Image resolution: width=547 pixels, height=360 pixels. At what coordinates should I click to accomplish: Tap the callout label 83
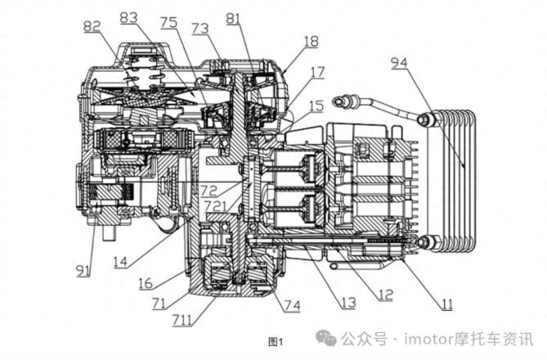pyautogui.click(x=128, y=17)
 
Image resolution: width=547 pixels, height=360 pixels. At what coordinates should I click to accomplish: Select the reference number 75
pyautogui.click(x=168, y=22)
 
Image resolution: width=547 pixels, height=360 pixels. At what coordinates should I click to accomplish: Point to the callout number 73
pyautogui.click(x=200, y=29)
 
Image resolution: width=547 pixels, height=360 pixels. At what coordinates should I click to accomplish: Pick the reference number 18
pyautogui.click(x=312, y=40)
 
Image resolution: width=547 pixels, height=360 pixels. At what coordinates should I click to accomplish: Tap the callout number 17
pyautogui.click(x=317, y=72)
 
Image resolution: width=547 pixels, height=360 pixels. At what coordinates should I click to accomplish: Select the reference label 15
pyautogui.click(x=316, y=106)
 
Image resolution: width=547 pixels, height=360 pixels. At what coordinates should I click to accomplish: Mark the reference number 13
pyautogui.click(x=348, y=303)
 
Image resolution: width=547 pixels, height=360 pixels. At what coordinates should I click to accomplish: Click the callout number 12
pyautogui.click(x=385, y=293)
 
